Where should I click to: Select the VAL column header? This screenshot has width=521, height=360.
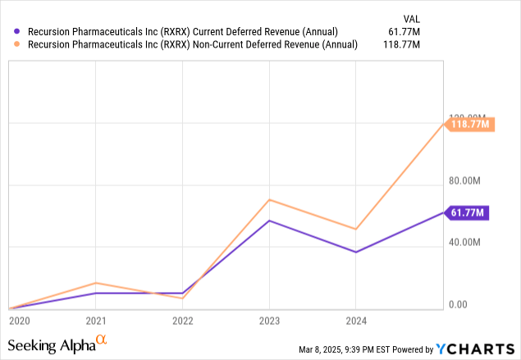pos(411,16)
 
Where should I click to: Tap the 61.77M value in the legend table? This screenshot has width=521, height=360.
pos(404,31)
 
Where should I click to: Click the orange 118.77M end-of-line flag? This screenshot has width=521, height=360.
pos(470,124)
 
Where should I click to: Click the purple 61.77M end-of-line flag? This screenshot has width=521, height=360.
pos(467,213)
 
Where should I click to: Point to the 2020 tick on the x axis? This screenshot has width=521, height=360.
pos(19,321)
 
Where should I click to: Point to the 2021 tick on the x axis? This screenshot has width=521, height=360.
pos(96,321)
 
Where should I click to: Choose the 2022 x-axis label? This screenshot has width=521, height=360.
pos(182,321)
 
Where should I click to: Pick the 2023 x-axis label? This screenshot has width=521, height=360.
pos(269,321)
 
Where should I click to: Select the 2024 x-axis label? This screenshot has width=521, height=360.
pos(355,321)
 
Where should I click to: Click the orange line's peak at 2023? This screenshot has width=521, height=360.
pos(269,199)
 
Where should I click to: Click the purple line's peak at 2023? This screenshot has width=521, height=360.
pos(269,221)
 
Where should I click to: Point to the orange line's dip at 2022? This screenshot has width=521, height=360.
pos(182,298)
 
